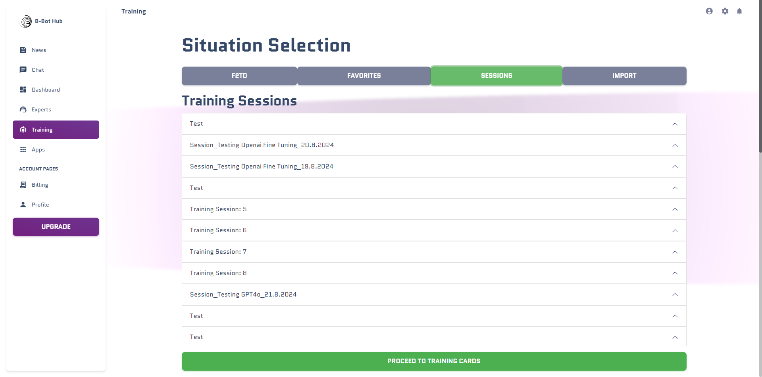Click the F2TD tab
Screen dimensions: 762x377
point(239,76)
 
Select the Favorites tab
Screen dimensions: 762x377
point(364,76)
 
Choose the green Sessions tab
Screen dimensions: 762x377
point(496,76)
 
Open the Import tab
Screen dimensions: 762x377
point(624,76)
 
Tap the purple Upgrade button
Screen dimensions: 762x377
point(56,227)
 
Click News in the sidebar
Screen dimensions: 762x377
point(39,50)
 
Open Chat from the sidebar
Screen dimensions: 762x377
point(38,70)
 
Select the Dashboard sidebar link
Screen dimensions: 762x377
point(46,90)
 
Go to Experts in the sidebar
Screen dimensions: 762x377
point(41,109)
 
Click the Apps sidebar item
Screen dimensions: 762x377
point(38,149)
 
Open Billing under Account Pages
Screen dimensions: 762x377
point(40,185)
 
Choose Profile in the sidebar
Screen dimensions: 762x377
point(40,205)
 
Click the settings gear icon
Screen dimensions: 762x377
point(725,11)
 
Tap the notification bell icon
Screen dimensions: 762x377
point(739,11)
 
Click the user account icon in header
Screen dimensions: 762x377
point(709,11)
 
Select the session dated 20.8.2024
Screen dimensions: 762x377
point(262,145)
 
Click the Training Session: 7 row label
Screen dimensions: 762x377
point(218,252)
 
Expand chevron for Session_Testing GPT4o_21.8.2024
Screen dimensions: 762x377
point(675,295)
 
